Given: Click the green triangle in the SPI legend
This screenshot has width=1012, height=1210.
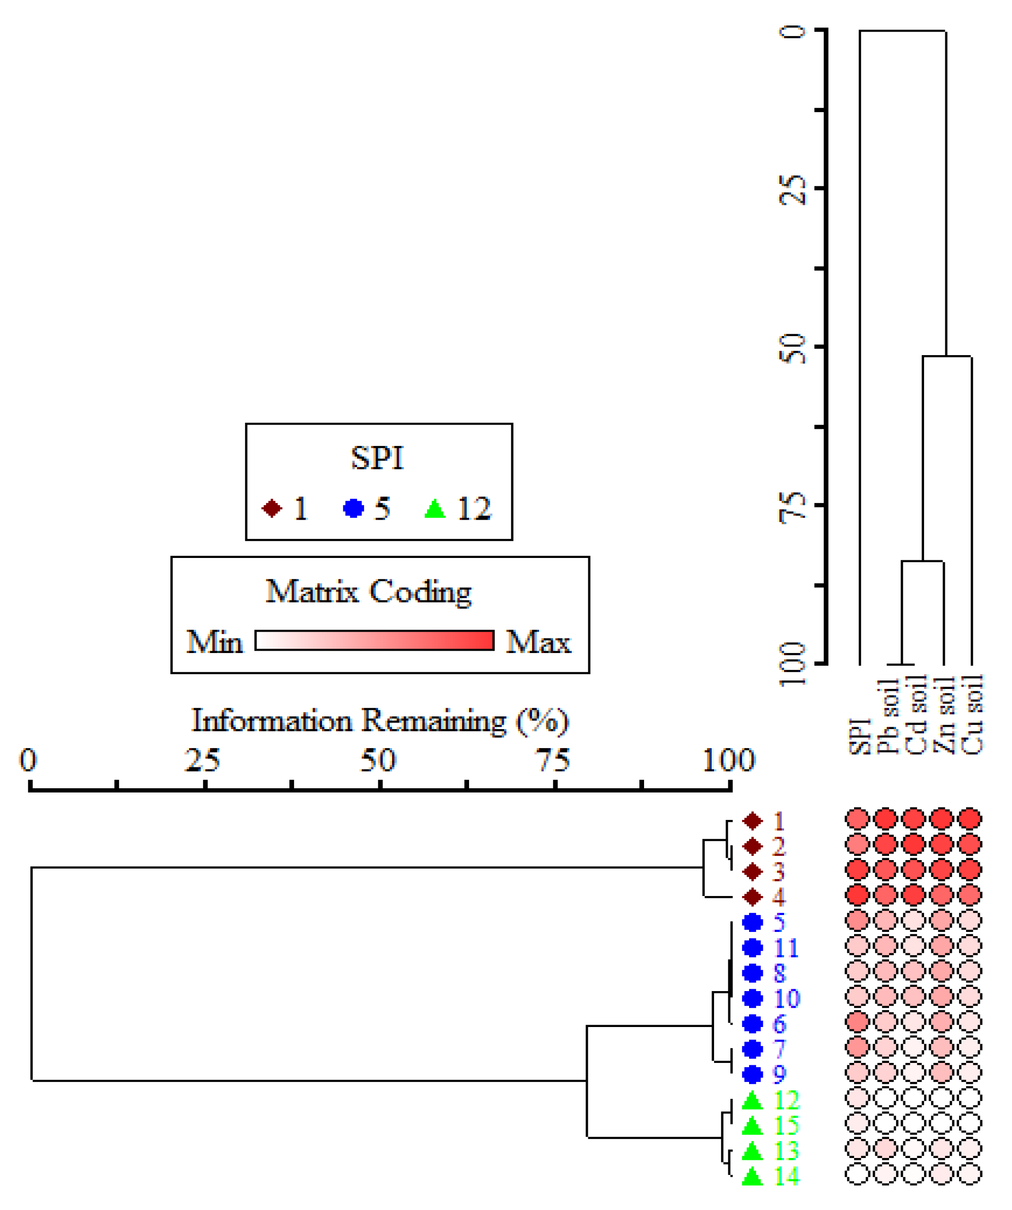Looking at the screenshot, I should click(x=435, y=509).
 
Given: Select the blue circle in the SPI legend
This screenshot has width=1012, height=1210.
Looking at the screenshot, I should click(x=353, y=509).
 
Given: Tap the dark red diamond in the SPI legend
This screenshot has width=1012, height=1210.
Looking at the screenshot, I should click(x=271, y=509).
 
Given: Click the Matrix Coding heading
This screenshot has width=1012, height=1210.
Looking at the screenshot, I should click(x=369, y=592).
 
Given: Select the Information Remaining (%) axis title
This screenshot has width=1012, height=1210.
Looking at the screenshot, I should click(x=380, y=721).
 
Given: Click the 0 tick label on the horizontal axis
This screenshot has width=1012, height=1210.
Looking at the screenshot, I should click(x=28, y=761).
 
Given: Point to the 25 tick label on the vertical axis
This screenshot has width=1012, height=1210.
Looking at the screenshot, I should click(x=794, y=188).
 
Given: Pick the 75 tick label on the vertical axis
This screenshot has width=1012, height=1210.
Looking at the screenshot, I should click(x=794, y=506).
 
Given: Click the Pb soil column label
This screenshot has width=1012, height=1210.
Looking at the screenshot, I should click(x=888, y=717).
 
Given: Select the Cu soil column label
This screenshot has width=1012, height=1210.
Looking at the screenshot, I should click(x=973, y=715).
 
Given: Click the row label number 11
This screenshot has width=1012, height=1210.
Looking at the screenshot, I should click(x=786, y=948).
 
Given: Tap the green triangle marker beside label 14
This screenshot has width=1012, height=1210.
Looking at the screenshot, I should click(x=752, y=1176).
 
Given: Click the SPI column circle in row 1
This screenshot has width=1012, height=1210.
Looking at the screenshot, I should click(x=857, y=819).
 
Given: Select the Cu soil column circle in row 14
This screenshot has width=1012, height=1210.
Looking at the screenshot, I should click(x=970, y=1174).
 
